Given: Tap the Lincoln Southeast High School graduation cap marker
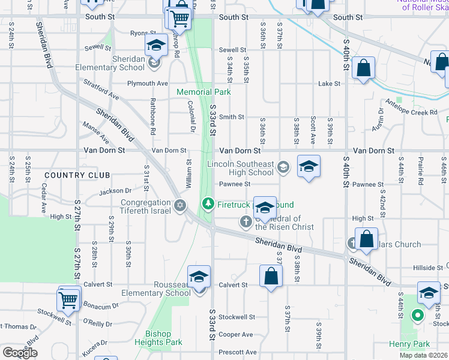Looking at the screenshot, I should coord(309,166).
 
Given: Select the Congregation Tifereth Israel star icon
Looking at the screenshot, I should coord(179,206).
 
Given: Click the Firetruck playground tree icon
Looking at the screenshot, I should coord(208,204).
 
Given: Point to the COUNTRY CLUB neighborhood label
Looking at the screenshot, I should coord(77,175).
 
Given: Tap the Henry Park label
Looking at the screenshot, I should coord(409,344).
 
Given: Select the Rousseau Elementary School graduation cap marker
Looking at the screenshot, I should coord(199,277).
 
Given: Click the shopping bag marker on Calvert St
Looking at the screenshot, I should coord(271,277).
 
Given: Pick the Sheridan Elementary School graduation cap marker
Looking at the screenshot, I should coord(156,46).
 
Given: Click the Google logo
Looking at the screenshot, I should coord(20,353).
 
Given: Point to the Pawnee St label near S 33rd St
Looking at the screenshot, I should coord(234,184).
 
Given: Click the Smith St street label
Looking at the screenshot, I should coord(232,117).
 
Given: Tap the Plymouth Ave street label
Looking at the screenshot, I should coord(148,83).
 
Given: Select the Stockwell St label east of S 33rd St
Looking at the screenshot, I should coord(237,317).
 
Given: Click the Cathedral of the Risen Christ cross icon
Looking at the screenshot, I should coord(246,223).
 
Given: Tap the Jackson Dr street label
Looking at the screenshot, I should coord(115,192).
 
